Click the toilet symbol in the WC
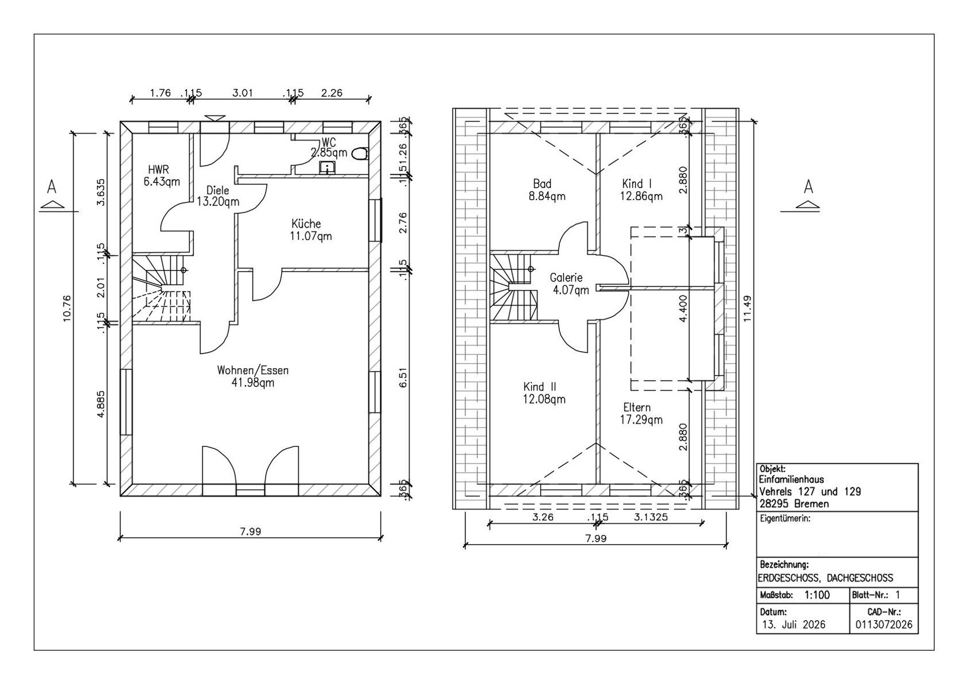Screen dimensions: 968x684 [x=360, y=154]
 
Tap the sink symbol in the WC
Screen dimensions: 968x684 [x=327, y=168]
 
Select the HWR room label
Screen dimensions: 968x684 [x=159, y=170]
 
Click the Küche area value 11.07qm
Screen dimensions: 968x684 [x=311, y=236]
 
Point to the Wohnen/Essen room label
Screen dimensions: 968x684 [x=253, y=370]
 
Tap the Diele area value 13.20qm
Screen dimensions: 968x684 [x=218, y=202]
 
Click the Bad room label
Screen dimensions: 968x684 [x=542, y=183]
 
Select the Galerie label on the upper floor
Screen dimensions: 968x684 [x=566, y=278]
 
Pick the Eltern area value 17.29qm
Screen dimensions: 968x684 [x=642, y=420]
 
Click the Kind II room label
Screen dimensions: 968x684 [x=540, y=386]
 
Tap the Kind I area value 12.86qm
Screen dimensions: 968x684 [x=642, y=196]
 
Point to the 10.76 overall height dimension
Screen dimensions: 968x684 [x=67, y=309]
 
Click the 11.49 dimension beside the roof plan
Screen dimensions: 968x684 [x=748, y=309]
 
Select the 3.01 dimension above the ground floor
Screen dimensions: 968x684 [x=243, y=93]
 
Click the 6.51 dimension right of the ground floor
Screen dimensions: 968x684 [x=403, y=378]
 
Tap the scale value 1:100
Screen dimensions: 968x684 [x=817, y=595]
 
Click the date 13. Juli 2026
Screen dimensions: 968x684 [x=793, y=624]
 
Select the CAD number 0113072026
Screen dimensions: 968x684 [x=884, y=624]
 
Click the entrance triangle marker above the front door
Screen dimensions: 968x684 [x=215, y=118]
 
